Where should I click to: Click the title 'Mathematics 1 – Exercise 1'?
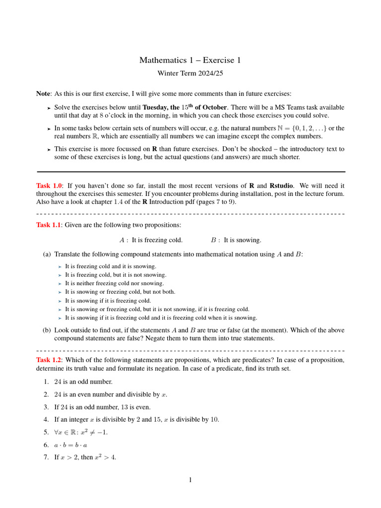point(190,61)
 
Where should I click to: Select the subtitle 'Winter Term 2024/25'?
point(190,73)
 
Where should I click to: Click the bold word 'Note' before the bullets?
point(43,94)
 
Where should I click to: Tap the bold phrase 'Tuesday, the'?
point(161,107)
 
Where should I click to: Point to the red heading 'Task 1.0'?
point(49,186)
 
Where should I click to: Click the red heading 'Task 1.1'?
point(48,225)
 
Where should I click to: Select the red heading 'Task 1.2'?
point(48,360)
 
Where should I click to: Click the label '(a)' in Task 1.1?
point(47,254)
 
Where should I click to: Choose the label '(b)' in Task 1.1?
point(47,330)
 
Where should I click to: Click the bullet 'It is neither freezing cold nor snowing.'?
point(114,283)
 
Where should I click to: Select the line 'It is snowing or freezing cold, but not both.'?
point(120,292)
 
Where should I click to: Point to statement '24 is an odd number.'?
point(83,382)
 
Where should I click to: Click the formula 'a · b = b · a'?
point(70,445)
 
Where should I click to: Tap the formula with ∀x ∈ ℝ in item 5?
point(80,432)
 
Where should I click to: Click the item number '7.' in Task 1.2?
point(46,457)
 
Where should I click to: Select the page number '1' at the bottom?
point(190,480)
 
